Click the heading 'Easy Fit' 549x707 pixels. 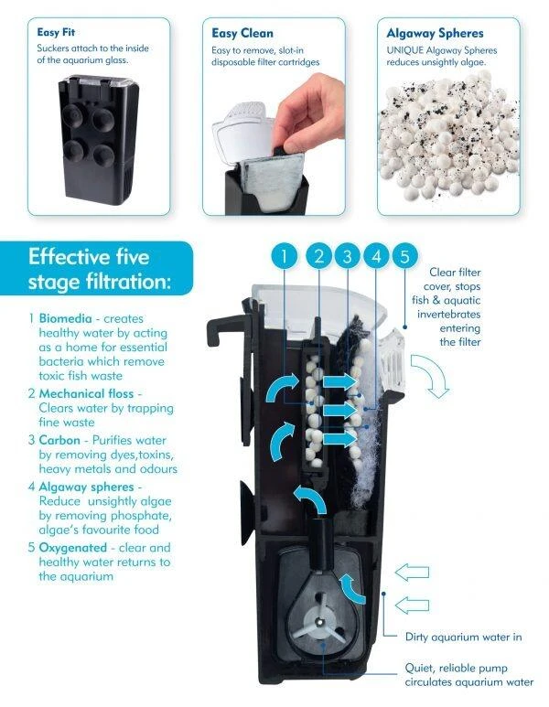point(56,32)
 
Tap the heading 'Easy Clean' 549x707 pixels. point(242,33)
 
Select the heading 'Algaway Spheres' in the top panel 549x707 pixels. point(435,33)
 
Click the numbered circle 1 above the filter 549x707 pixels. point(285,256)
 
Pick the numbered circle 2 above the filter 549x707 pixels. point(319,256)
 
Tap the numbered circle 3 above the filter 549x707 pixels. point(347,256)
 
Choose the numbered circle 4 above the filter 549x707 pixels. point(376,256)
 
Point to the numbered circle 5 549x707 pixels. point(404,256)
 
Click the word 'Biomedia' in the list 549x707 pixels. point(65,318)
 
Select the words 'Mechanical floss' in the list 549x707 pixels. point(86,393)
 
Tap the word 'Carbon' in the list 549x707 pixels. point(59,440)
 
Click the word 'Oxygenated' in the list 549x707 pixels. point(72,548)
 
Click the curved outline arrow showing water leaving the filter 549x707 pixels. point(431,374)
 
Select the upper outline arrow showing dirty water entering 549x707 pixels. point(412,573)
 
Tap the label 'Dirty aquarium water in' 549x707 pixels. point(463,637)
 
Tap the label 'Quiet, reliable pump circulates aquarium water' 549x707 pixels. point(468,675)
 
